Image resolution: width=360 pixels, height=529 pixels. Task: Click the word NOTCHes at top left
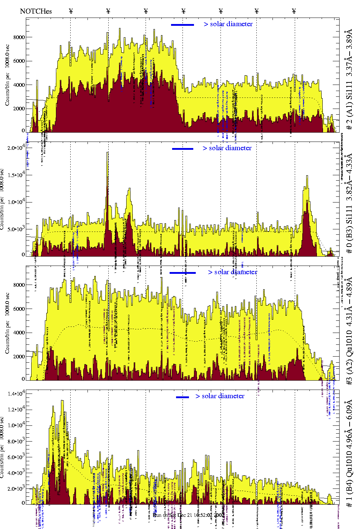coord(36,11)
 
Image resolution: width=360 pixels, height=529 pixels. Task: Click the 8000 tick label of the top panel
coord(19,37)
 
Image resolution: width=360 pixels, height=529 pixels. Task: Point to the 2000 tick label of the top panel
coord(19,109)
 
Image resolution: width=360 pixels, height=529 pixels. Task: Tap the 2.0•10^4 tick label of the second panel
coord(16,147)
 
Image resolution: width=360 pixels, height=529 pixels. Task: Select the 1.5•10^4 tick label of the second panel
coord(16,175)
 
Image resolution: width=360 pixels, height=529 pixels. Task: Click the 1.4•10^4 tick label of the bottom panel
coord(16,394)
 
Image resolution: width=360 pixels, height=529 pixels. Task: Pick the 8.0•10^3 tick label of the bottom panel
coord(16,441)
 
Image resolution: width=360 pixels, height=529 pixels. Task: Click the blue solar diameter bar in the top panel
coord(183,25)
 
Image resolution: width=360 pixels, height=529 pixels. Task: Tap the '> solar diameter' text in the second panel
coord(227,148)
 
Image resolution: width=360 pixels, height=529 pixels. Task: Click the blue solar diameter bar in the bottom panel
coord(183,397)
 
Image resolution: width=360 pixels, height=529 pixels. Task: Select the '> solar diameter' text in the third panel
coord(232,272)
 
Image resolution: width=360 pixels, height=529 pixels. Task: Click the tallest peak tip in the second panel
coord(107,153)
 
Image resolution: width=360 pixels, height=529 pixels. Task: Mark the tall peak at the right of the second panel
coord(307,176)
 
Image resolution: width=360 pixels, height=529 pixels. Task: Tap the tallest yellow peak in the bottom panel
coord(62,401)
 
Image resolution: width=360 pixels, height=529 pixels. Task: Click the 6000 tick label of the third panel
coord(19,309)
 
